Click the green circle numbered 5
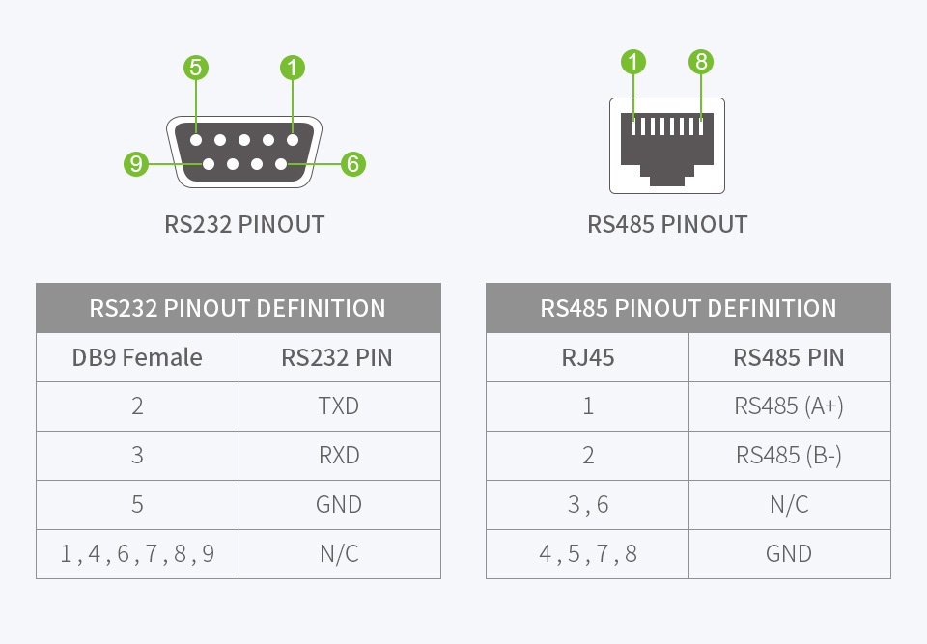(196, 68)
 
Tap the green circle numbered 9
(136, 164)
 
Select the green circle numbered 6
(352, 164)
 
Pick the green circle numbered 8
(701, 63)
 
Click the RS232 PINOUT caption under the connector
(244, 225)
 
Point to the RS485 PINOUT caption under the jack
(667, 225)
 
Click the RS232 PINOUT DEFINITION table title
(238, 309)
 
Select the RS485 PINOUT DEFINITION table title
(688, 309)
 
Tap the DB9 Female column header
(137, 358)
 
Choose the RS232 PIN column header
(337, 358)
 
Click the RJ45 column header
(587, 358)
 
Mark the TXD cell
(339, 406)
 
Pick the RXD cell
(339, 456)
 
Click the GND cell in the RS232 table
(339, 505)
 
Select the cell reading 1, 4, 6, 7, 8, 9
(137, 554)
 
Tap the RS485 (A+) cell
(789, 406)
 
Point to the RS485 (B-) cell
(789, 456)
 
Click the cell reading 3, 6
(587, 505)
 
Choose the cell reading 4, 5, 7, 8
(587, 554)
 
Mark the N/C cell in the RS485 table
(789, 505)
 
